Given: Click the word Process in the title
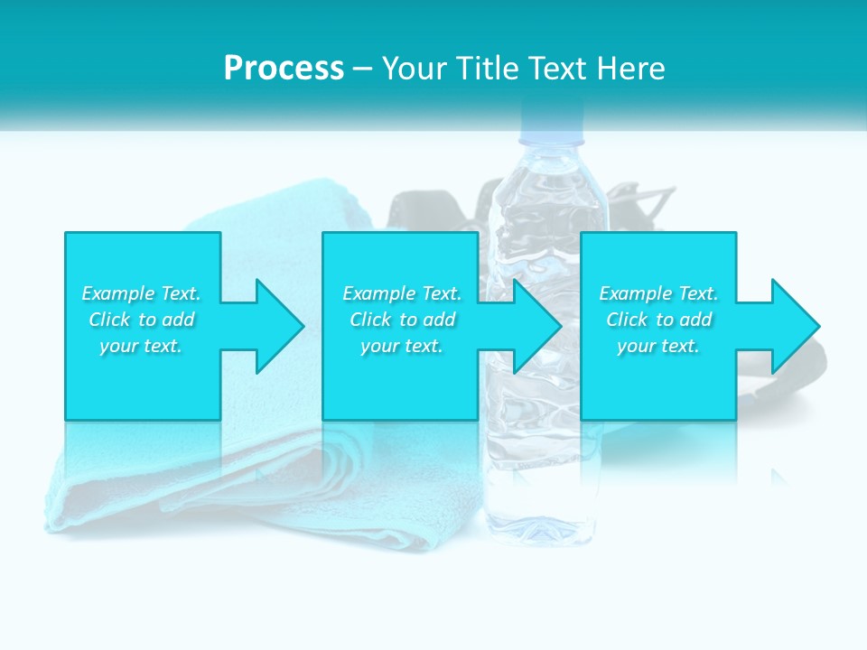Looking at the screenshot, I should pyautogui.click(x=284, y=68).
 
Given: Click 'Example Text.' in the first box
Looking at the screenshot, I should pyautogui.click(x=141, y=293).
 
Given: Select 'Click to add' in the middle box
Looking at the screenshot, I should pyautogui.click(x=402, y=320).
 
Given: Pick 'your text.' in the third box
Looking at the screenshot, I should pyautogui.click(x=658, y=346).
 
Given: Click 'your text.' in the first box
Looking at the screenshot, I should pyautogui.click(x=141, y=346).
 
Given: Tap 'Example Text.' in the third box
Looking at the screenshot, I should pyautogui.click(x=658, y=293).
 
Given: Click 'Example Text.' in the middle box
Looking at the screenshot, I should pyautogui.click(x=402, y=293).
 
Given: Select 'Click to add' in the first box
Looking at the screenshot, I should pyautogui.click(x=141, y=320).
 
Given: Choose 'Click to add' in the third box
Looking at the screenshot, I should pyautogui.click(x=658, y=320).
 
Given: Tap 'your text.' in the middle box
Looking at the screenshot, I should pyautogui.click(x=402, y=346).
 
